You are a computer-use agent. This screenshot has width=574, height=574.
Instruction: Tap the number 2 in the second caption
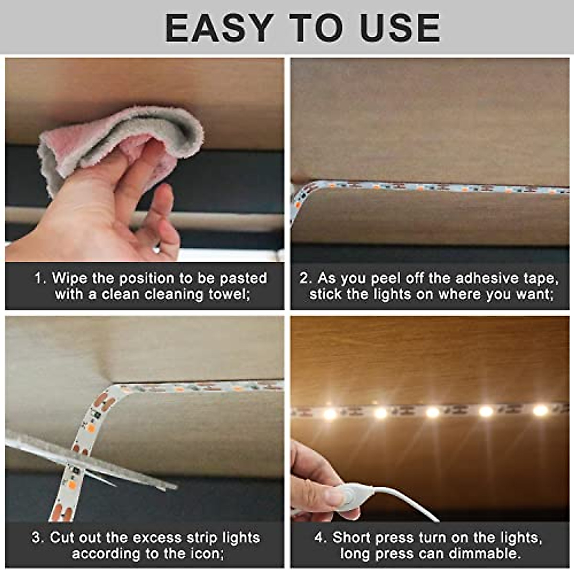[304, 278]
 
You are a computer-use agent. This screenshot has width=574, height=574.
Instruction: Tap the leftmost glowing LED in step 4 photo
[330, 413]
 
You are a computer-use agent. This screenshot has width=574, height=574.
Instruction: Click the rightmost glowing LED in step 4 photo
[540, 410]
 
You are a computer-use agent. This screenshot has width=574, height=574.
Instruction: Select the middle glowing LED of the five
[432, 412]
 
